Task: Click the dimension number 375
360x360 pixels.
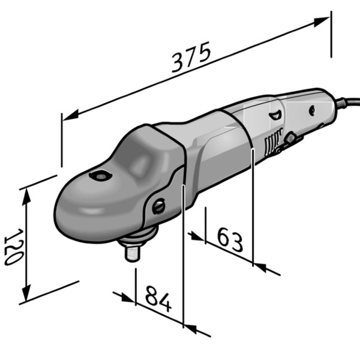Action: point(191,57)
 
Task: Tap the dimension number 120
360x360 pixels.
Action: point(14,247)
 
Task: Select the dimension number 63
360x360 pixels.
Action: point(230,239)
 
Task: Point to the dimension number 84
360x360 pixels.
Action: point(158,299)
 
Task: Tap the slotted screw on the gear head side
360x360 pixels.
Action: point(158,206)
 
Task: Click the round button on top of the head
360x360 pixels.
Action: point(101,176)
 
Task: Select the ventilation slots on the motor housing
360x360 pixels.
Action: point(273,142)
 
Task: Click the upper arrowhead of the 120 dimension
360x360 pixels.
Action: point(27,197)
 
